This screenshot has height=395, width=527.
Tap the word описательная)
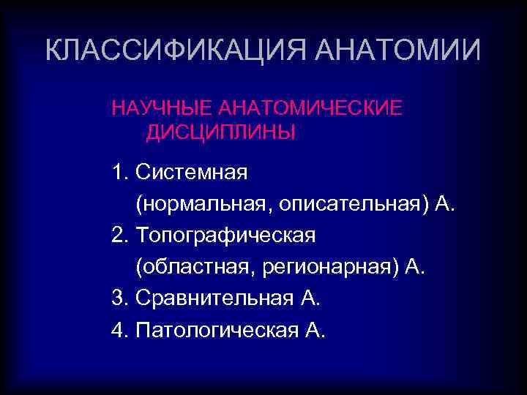[355, 205]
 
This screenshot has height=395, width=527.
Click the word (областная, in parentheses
[193, 268]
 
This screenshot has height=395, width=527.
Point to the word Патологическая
[217, 331]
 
